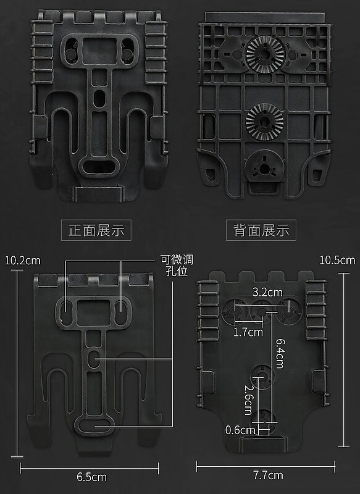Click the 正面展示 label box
[x=96, y=230]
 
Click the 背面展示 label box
[x=261, y=230]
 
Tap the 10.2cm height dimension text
[x=23, y=261]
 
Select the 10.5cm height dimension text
[x=337, y=260]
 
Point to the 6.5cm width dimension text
[x=91, y=477]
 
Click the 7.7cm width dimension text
[x=269, y=475]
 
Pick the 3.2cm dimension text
[x=267, y=292]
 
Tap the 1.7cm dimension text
[x=248, y=332]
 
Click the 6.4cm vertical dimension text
[x=280, y=353]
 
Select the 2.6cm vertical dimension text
[x=249, y=400]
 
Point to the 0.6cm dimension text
[x=240, y=430]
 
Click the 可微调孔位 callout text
[x=177, y=266]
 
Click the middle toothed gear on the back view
[x=264, y=122]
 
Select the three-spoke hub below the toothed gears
[x=264, y=166]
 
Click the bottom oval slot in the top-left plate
[x=99, y=166]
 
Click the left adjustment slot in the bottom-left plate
[x=66, y=312]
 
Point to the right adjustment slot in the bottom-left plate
[x=121, y=312]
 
